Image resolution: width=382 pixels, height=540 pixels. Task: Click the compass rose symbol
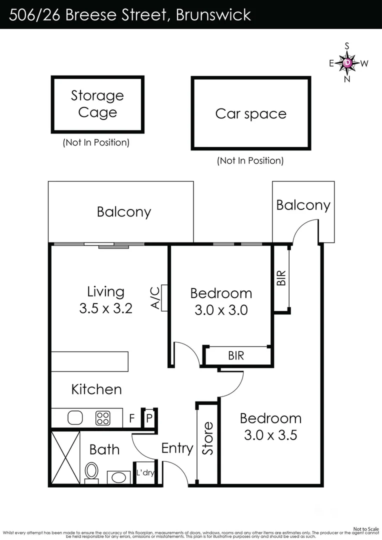coord(348,62)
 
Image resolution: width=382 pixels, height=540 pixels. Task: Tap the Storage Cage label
coord(97,103)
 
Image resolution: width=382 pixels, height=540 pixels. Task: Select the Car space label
coord(250,113)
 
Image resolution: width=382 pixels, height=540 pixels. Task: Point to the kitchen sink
coord(75,417)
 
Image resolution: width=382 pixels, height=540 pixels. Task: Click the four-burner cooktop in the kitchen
coord(103,417)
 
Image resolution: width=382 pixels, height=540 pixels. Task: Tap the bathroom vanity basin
coord(118,476)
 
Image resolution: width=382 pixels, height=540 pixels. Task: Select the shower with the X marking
coord(65,457)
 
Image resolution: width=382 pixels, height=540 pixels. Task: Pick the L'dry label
coord(145,472)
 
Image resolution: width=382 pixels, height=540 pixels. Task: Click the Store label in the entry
coord(207,438)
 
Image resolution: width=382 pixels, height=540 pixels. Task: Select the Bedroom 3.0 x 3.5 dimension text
coord(270,435)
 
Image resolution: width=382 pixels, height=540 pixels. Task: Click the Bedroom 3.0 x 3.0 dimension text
coord(221,310)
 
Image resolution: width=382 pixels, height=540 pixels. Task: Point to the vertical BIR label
coord(281,278)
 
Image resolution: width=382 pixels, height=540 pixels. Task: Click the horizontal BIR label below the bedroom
coord(236,355)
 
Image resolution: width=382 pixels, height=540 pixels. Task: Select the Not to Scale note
coord(366,528)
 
